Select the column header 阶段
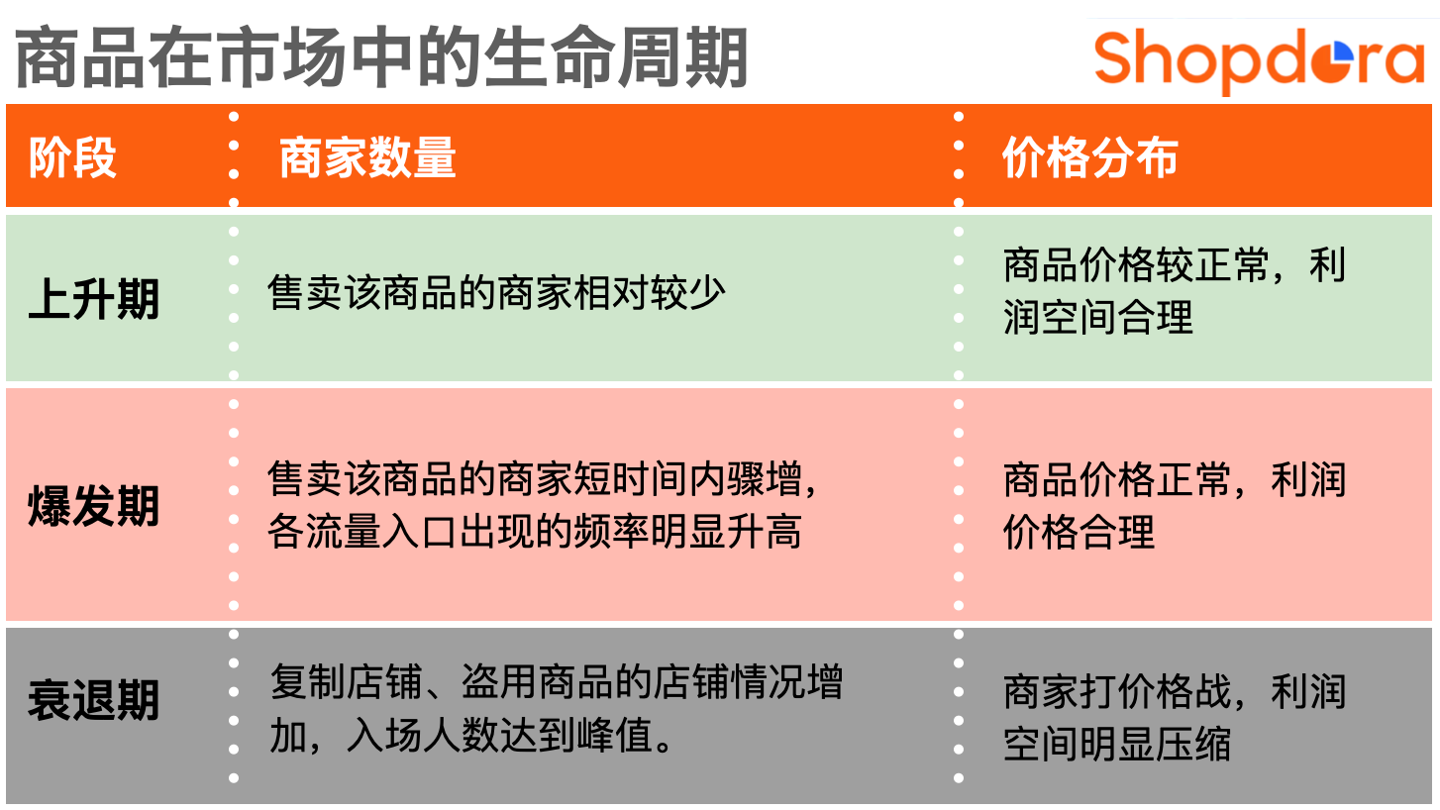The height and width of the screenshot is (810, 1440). pos(72,156)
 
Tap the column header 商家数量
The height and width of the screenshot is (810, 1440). pos(367,156)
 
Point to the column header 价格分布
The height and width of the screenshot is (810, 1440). pos(1090,156)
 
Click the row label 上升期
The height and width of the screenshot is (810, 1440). pos(94,299)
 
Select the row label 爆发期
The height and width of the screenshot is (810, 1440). pos(94,506)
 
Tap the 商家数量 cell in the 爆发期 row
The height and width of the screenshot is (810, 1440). pos(542,505)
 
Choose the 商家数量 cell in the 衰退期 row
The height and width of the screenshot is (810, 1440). pos(556,708)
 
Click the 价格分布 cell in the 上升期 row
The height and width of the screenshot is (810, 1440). pos(1175,291)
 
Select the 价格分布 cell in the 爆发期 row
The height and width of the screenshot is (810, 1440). pos(1175,505)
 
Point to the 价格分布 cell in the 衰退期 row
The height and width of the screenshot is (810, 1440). pos(1175,718)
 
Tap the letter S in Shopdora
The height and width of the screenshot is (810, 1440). pos(1115,57)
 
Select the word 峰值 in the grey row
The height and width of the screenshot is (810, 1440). pos(614,736)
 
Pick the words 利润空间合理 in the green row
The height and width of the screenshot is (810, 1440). pos(1175,291)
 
